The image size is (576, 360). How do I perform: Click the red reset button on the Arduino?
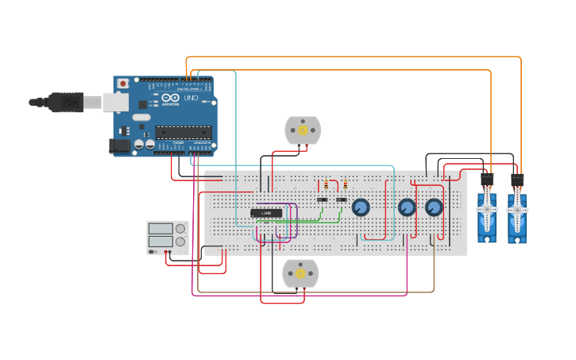tap(122, 83)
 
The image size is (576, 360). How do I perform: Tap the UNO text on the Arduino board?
tap(191, 99)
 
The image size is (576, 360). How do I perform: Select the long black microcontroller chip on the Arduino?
tap(184, 132)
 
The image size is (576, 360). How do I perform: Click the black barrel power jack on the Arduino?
tap(119, 146)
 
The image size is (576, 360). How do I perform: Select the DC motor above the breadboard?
tap(303, 130)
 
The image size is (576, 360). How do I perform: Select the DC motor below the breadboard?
tap(300, 273)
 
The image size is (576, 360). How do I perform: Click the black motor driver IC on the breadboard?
tap(266, 213)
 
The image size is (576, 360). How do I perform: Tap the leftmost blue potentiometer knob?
tap(360, 207)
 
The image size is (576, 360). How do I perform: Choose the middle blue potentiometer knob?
tap(407, 207)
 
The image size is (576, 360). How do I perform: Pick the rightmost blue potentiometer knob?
tap(434, 207)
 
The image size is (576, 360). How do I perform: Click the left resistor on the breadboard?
tap(326, 184)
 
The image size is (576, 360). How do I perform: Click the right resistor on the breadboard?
tap(345, 184)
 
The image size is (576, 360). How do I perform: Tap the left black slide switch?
tap(323, 199)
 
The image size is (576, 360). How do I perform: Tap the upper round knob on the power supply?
tap(180, 229)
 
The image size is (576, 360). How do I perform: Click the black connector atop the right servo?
tap(517, 180)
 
